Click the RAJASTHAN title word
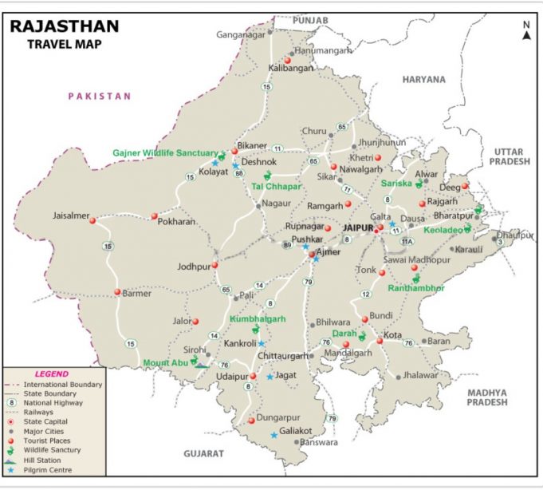(64, 26)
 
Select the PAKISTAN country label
(99, 96)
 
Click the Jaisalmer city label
(71, 215)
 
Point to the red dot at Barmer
(116, 293)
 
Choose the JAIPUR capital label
(358, 228)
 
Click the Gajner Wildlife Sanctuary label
(164, 152)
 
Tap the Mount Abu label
(165, 363)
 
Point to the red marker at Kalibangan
(287, 60)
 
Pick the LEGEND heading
(51, 373)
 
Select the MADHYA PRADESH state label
(488, 397)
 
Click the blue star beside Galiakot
(274, 435)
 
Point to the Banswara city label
(319, 442)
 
